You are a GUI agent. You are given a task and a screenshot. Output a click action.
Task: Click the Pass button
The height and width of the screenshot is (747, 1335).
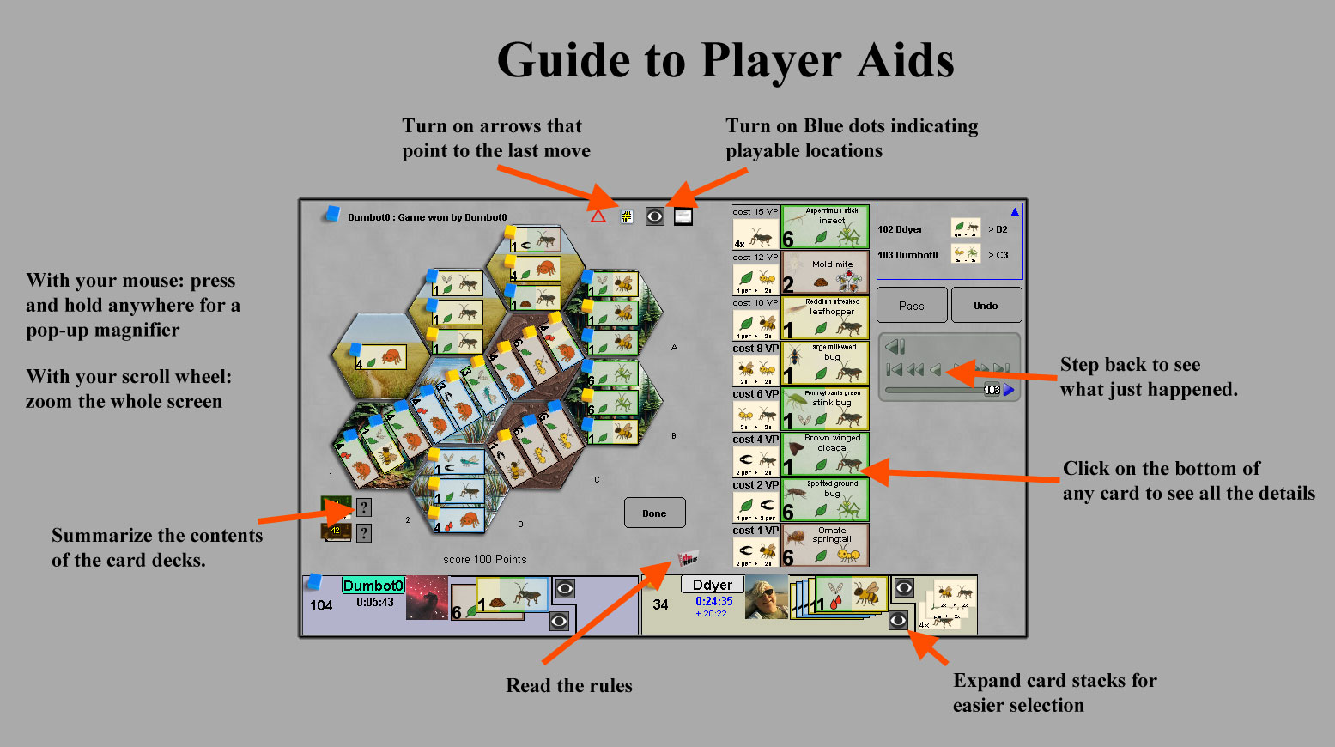tap(912, 306)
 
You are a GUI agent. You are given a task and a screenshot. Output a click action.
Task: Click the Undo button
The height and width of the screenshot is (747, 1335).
tap(986, 306)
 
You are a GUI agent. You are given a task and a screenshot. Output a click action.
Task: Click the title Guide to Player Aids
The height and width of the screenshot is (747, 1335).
tap(725, 61)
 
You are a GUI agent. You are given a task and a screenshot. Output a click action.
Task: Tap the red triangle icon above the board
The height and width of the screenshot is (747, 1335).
tap(598, 216)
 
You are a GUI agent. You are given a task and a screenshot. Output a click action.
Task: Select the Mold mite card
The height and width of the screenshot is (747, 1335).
tap(825, 273)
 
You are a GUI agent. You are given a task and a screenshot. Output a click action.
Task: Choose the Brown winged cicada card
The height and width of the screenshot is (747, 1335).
tap(825, 454)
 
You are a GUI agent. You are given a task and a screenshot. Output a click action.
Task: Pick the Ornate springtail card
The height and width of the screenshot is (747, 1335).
tap(825, 545)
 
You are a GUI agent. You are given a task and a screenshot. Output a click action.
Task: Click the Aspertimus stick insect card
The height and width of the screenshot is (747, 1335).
tap(825, 227)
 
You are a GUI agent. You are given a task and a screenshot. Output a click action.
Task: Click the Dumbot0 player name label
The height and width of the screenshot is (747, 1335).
tap(373, 586)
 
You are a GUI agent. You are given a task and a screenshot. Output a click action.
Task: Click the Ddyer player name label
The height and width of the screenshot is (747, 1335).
tap(713, 585)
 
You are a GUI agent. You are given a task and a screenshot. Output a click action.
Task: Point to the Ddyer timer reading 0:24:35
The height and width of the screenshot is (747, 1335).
tap(714, 601)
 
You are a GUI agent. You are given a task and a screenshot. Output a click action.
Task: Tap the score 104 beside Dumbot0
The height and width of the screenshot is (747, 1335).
tap(321, 605)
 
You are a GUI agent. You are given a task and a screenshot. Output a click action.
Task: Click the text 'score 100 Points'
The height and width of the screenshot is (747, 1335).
tap(485, 559)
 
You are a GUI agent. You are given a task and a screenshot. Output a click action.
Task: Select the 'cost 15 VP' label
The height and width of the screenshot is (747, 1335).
tap(755, 211)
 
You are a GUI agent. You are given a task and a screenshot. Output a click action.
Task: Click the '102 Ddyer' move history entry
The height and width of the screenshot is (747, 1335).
tap(901, 229)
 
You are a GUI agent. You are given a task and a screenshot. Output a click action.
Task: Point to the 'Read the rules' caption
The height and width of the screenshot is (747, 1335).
tap(569, 685)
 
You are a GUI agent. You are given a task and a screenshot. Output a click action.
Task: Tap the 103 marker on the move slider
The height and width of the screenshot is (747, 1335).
tap(992, 390)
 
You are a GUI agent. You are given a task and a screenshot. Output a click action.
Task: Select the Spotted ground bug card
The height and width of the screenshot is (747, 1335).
tap(825, 500)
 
